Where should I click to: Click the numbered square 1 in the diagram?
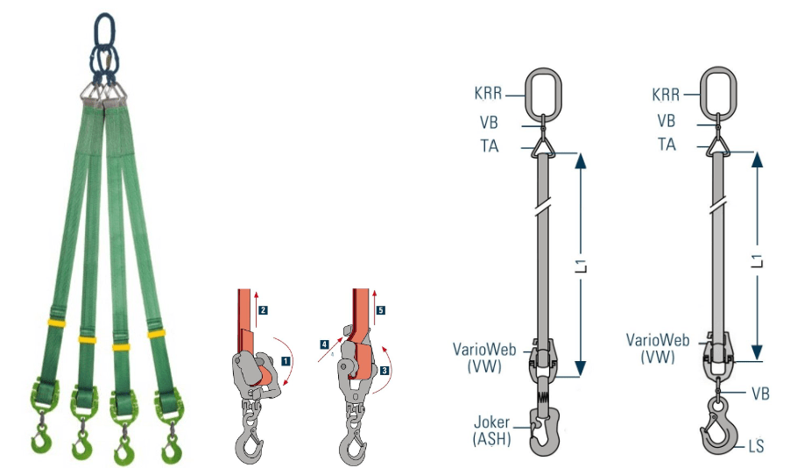click(x=286, y=361)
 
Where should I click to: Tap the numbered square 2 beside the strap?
click(x=263, y=310)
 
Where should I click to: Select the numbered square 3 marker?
click(x=384, y=371)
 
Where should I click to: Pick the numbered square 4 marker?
click(x=324, y=344)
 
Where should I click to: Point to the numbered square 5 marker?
click(x=380, y=310)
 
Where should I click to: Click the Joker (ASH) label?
click(x=491, y=430)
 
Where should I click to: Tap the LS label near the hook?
click(x=756, y=446)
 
